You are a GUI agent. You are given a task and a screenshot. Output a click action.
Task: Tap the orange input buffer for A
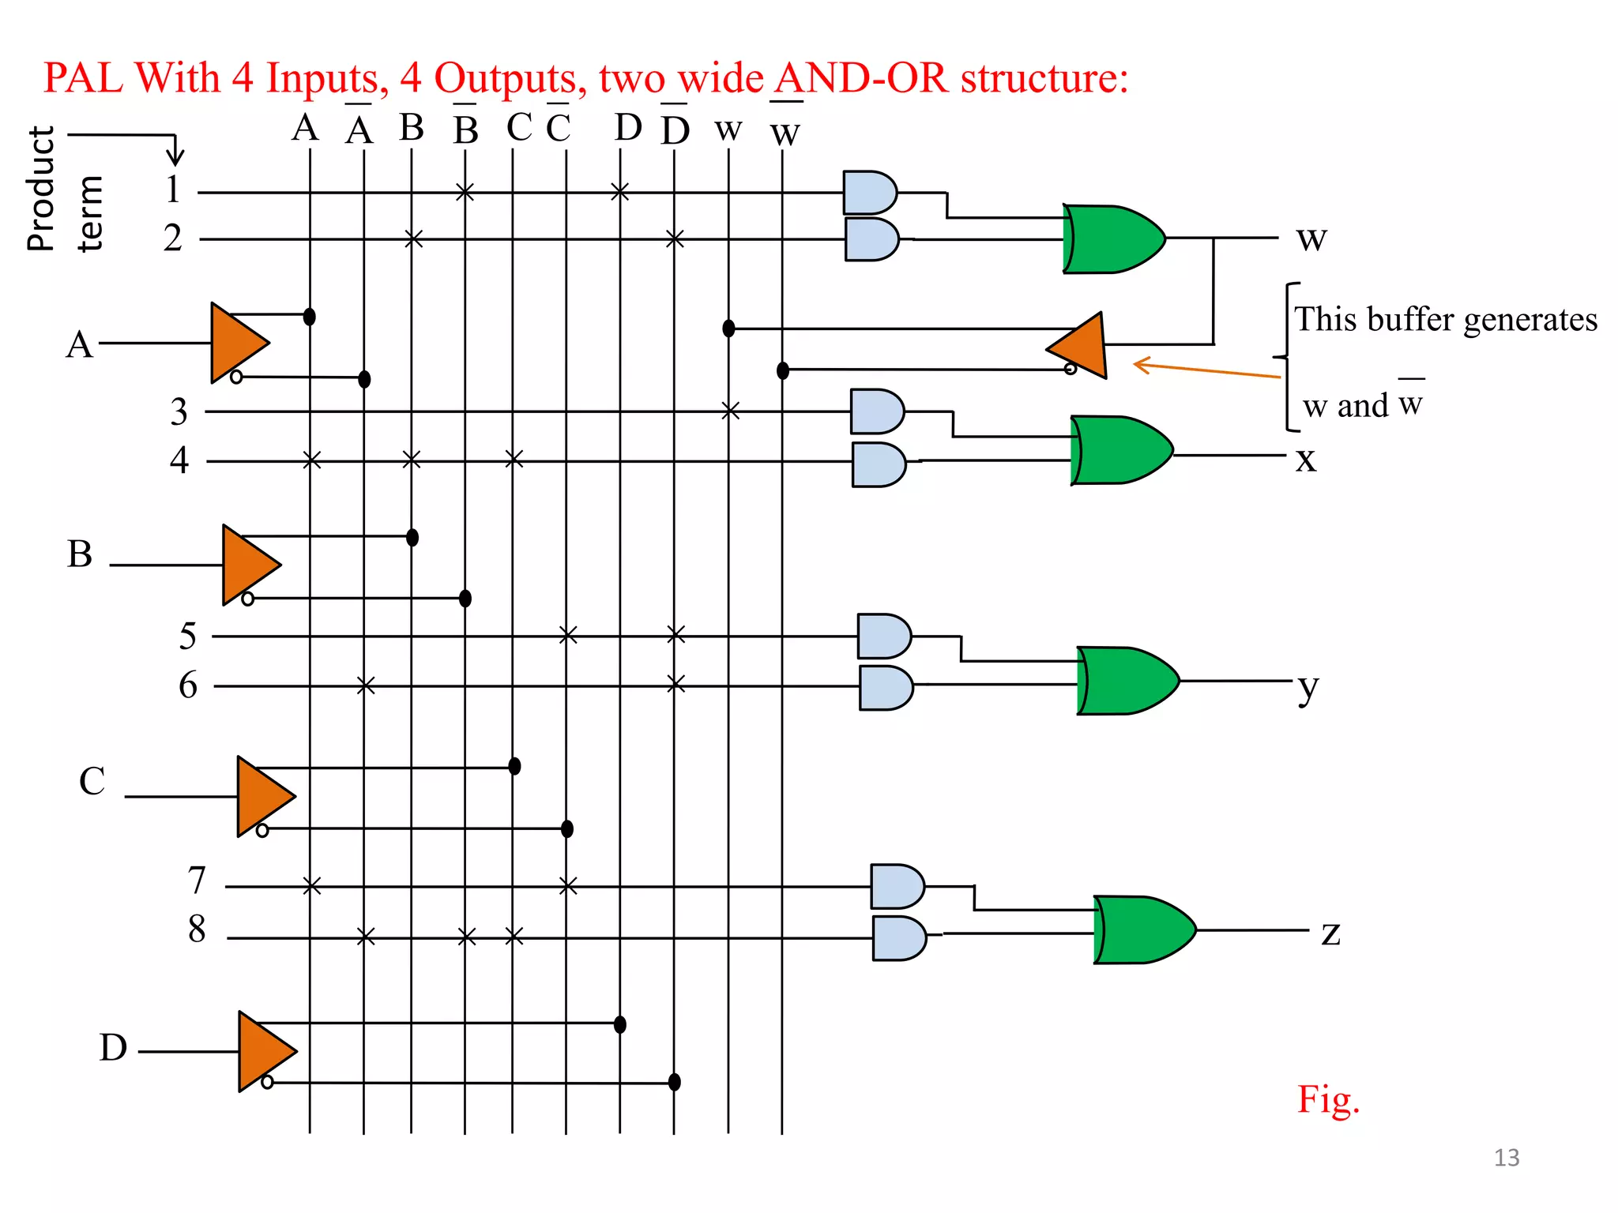point(237,343)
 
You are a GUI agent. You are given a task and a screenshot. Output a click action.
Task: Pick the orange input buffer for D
point(265,1051)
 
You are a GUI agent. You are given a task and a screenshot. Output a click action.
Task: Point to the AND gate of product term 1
point(868,192)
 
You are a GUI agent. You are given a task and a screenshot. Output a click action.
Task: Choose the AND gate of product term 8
point(898,937)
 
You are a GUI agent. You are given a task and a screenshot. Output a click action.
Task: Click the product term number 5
point(187,636)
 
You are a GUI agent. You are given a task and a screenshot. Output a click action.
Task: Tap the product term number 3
point(179,411)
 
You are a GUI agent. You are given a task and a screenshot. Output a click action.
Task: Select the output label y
point(1308,687)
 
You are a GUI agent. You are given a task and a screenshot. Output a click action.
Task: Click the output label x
point(1306,459)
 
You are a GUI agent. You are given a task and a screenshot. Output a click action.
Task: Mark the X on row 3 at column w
point(731,411)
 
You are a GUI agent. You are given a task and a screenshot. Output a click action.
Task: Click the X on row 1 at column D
point(620,191)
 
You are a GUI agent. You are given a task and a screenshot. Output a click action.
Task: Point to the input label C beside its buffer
point(92,781)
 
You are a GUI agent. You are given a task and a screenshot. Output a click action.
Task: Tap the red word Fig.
point(1328,1099)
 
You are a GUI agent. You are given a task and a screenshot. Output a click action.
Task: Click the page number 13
point(1506,1158)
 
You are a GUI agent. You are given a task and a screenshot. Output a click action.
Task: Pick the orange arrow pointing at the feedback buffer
point(1204,370)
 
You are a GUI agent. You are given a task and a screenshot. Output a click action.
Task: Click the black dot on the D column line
point(620,1024)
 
